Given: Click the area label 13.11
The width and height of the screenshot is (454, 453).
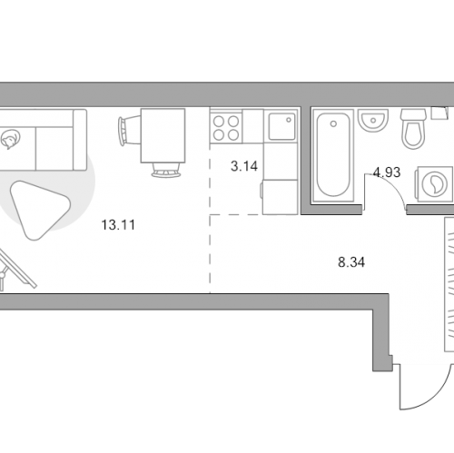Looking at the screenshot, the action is point(118,225).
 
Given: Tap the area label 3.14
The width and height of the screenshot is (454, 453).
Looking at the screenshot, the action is point(244,166).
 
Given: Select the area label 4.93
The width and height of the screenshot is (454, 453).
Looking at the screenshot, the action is point(387,172).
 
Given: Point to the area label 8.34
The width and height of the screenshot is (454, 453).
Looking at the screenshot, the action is point(351,262).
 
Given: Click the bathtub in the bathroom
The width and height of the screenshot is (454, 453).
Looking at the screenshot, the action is point(333,155).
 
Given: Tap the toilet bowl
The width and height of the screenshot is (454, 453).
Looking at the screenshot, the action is point(413,129).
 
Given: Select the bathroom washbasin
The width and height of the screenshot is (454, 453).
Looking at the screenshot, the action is point(373,121).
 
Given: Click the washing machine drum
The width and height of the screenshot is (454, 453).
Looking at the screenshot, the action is point(435,184).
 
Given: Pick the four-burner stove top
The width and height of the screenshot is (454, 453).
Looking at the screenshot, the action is point(226,126).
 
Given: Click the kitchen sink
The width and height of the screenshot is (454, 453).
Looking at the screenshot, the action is point(281,126).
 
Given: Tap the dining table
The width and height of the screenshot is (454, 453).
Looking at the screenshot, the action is point(163,135).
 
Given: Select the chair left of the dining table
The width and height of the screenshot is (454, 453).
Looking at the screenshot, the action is point(129,132).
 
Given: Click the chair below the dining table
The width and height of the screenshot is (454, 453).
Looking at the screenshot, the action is point(166,170).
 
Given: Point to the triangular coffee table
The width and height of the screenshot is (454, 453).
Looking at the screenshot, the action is point(38,209).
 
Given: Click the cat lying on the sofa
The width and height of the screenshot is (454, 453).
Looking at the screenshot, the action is point(10,139).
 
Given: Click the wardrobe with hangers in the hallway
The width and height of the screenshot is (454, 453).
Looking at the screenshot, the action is point(449,284).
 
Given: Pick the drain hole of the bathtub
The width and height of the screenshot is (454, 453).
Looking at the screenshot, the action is point(333,123).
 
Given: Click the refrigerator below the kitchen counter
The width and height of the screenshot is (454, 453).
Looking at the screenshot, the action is point(280,197).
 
